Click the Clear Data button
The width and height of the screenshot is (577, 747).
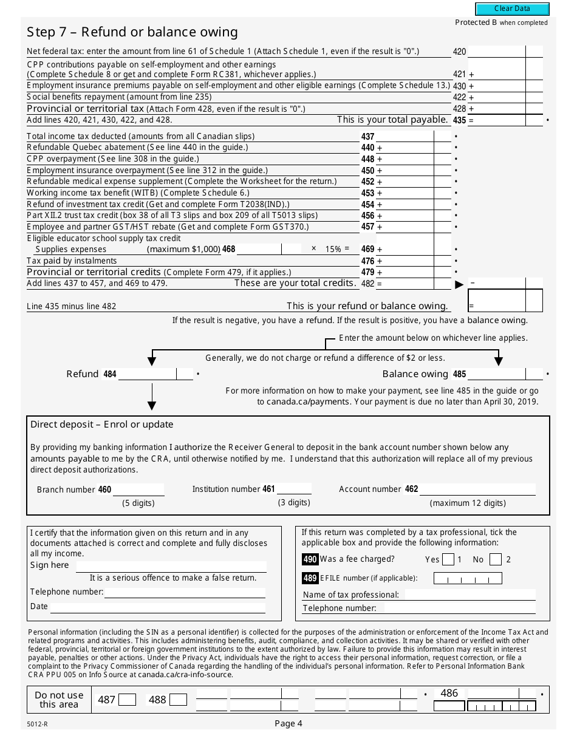512,9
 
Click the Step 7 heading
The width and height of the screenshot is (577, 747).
132,32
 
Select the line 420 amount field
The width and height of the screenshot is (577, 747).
496,52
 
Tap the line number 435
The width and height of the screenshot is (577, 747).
459,120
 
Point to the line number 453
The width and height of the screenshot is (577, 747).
367,193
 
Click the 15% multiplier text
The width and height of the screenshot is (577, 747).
333,249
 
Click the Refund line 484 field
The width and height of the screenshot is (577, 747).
147,374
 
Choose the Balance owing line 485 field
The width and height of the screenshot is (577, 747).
496,374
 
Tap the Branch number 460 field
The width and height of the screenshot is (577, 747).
138,489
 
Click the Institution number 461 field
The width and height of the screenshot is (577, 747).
294,489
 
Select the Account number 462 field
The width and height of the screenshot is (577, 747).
477,489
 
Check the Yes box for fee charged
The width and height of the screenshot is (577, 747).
448,559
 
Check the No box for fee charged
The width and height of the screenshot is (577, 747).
495,559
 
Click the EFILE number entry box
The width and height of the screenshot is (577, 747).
468,578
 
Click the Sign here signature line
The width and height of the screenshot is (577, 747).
170,565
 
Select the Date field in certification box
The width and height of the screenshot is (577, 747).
157,607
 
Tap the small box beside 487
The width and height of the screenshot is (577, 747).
127,700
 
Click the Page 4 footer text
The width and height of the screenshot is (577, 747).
288,723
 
